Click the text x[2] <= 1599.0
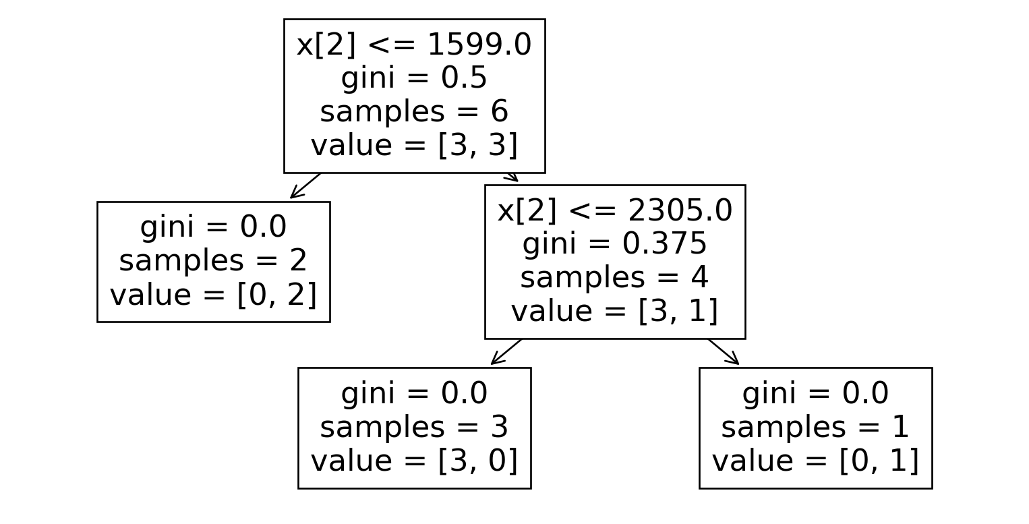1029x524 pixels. coord(414,45)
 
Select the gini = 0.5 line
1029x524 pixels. coord(414,78)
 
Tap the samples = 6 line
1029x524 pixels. coord(414,112)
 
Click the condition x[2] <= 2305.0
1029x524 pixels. coord(614,211)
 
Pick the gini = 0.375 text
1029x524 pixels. coord(614,244)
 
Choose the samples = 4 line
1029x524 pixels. coord(614,278)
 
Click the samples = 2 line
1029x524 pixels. coord(213,261)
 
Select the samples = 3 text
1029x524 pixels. coord(414,427)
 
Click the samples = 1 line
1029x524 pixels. coord(815,427)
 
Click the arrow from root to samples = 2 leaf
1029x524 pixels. coord(305,185)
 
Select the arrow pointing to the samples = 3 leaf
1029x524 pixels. coord(506,351)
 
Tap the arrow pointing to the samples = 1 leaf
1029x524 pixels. coord(724,351)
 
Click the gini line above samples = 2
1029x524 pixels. coord(213,227)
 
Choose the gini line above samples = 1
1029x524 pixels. coord(815,394)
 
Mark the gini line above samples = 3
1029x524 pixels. coord(414,394)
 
